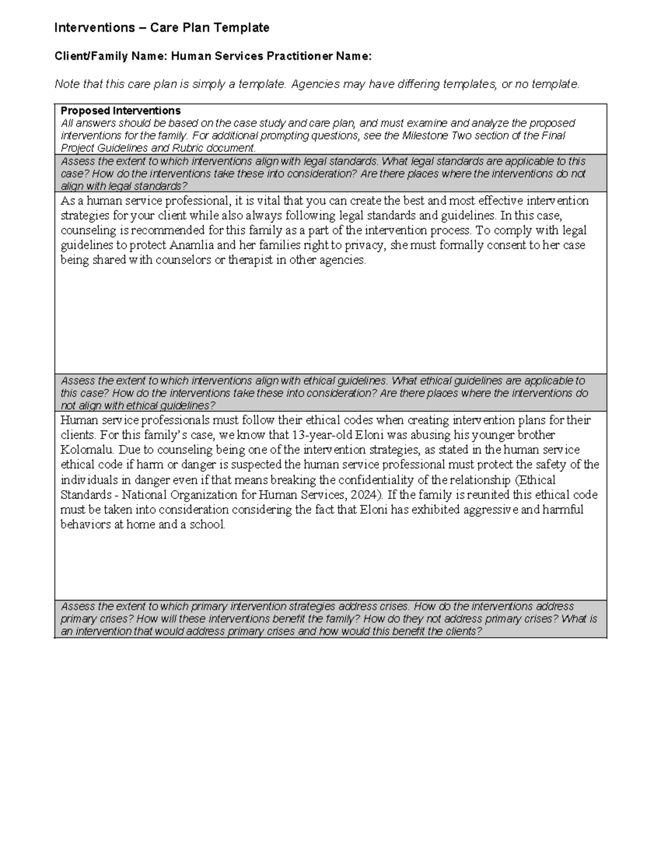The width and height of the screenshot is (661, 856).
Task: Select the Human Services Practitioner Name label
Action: (x=271, y=56)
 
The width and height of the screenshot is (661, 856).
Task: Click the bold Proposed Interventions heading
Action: (x=121, y=110)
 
